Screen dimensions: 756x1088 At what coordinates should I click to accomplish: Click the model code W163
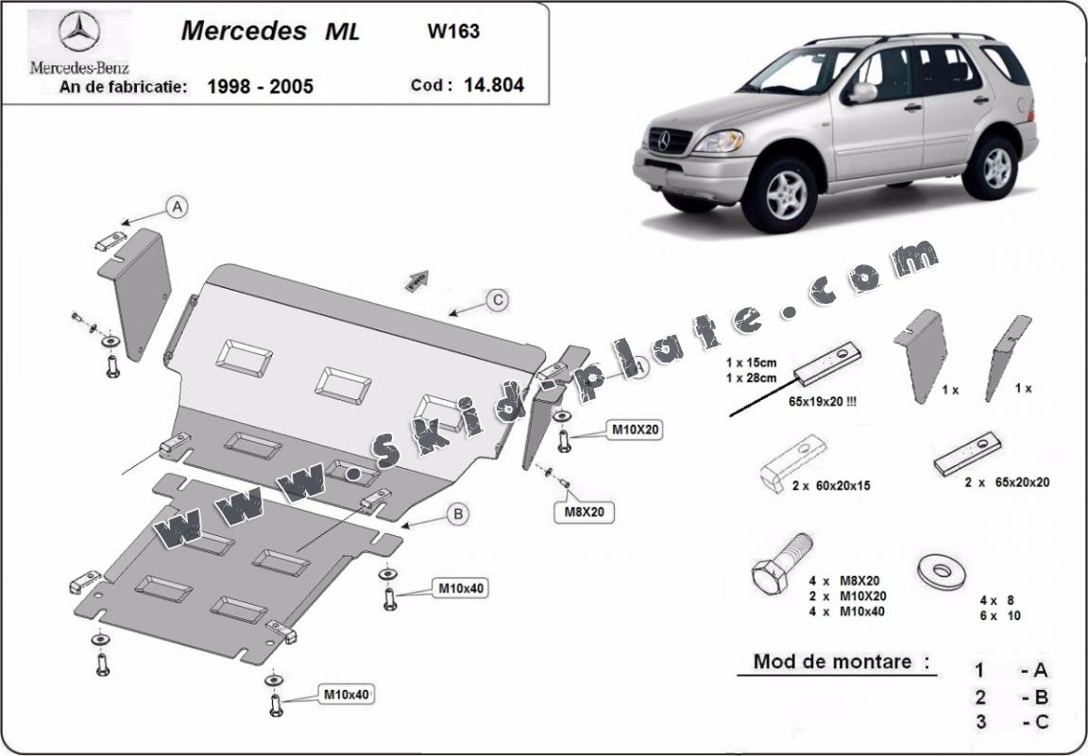(x=453, y=30)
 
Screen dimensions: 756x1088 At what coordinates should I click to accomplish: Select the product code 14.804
(x=493, y=85)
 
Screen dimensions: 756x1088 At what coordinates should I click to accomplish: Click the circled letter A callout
(x=176, y=207)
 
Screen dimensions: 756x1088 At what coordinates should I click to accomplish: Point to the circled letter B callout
(x=457, y=513)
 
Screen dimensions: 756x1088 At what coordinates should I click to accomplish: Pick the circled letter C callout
(x=497, y=300)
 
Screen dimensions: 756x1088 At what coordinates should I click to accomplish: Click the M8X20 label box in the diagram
(x=585, y=512)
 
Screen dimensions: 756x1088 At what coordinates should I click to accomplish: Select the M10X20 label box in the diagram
(x=634, y=430)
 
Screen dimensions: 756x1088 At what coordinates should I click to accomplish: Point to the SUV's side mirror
(x=860, y=92)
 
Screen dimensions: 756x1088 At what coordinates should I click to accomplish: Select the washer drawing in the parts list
(x=940, y=569)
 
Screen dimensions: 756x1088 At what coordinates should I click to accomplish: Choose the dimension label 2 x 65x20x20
(x=1007, y=482)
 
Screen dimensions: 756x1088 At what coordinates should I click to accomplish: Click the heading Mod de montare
(x=833, y=662)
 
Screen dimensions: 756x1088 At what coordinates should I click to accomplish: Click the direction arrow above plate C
(x=416, y=279)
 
